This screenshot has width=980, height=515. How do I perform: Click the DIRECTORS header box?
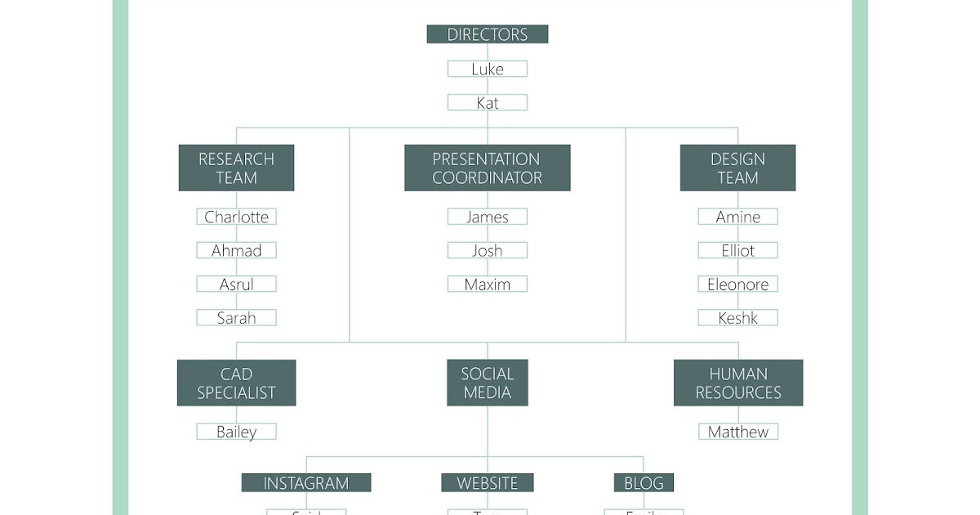[487, 34]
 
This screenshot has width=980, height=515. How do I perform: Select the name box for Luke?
[487, 69]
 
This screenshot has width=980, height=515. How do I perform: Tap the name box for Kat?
[487, 103]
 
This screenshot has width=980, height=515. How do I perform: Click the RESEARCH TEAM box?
[236, 168]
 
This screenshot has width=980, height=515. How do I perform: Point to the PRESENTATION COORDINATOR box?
[487, 168]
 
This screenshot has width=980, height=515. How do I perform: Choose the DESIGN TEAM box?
[737, 168]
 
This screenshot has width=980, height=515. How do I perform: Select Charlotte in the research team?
[236, 217]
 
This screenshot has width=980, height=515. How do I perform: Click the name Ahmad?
[236, 251]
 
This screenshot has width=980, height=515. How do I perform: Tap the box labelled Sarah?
[236, 318]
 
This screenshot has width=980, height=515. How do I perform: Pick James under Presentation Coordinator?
[487, 217]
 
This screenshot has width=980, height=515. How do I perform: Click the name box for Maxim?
[487, 284]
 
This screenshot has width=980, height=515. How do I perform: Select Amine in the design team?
[737, 217]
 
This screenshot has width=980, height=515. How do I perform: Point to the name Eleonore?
[737, 284]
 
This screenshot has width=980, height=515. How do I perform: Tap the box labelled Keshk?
[737, 318]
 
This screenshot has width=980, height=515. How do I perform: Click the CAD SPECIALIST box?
[236, 383]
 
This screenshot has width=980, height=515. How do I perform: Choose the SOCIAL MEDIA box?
[487, 383]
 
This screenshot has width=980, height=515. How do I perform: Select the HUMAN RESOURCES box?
[737, 383]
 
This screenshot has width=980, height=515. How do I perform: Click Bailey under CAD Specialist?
[236, 432]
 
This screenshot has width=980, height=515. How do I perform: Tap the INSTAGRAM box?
[305, 483]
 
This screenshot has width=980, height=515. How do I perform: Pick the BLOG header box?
[644, 483]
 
